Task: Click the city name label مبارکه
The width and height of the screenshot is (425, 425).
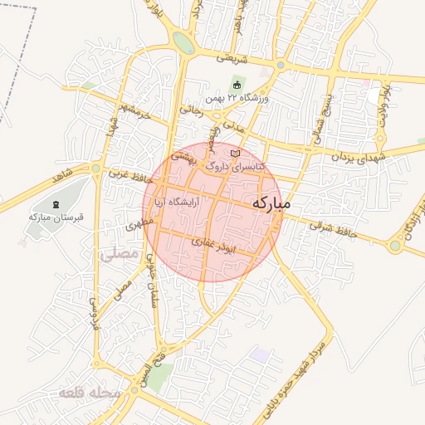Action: pos(271,203)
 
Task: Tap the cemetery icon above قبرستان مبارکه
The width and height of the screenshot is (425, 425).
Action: pos(56,204)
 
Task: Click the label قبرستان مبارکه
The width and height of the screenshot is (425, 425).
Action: pos(53,217)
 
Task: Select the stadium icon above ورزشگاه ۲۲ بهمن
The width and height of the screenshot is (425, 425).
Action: pos(237,85)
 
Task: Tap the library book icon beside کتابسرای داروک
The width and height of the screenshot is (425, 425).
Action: pos(236,154)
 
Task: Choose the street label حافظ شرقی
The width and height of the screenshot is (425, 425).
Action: pos(333,230)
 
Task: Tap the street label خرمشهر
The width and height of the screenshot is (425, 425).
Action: pos(134,111)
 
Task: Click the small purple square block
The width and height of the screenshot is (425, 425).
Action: pos(261,354)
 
